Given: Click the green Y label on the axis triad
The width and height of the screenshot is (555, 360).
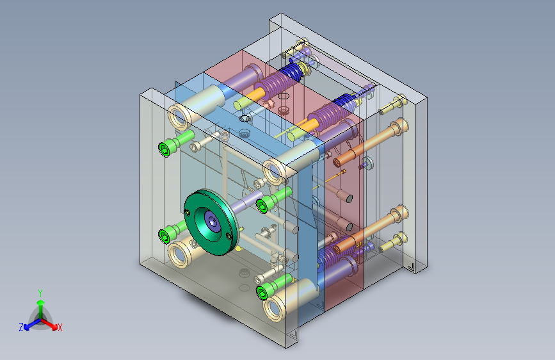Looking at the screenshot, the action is (40, 293).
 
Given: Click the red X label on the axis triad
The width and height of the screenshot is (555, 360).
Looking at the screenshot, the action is (60, 327).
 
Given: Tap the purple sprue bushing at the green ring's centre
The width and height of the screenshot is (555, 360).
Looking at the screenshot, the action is (213, 222).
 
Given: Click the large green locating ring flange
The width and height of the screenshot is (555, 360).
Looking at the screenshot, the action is (211, 222).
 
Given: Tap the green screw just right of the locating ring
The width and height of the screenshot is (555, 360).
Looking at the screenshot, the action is (274, 200).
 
